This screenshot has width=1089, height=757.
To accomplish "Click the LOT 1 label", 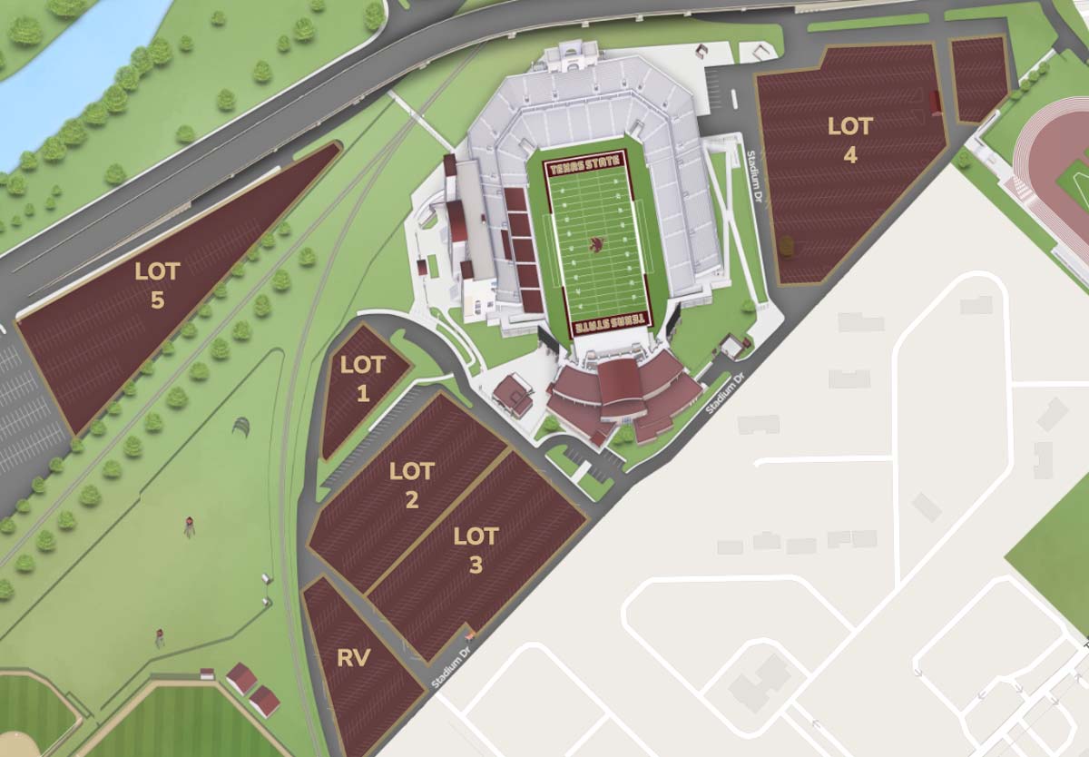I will pos(363,378).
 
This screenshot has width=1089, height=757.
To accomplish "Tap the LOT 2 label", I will pos(411,486).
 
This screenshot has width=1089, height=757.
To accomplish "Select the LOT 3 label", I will pos(476,549).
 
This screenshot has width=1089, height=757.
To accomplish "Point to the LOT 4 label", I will pos(849,140).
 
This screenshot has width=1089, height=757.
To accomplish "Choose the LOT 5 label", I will pos(157,285).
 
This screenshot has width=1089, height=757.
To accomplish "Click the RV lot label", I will pos(353,659).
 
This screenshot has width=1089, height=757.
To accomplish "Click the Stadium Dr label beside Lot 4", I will pos(752,169).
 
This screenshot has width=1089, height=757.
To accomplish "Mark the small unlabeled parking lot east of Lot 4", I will pos(978,78).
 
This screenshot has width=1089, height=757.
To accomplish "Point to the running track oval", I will pos(1053,172).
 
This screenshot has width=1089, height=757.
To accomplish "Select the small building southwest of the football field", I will pos(513,395).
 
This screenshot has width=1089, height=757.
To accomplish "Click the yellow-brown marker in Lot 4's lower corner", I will pos(786,245).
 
